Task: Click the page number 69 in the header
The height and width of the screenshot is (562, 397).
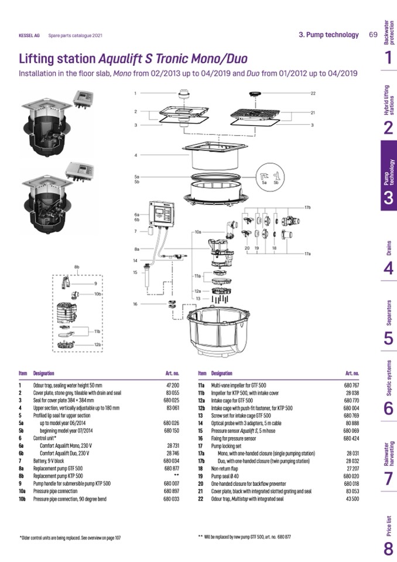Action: [x=373, y=35]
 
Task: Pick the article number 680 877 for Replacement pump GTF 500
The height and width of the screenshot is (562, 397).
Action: [x=171, y=469]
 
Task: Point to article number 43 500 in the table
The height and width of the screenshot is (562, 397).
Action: [x=352, y=499]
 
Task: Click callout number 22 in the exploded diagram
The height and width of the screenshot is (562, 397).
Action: [x=313, y=93]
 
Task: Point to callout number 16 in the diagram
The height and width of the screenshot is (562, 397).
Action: [x=135, y=304]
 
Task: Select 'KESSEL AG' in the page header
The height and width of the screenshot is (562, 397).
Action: [x=29, y=35]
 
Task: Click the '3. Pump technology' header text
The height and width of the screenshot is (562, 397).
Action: [x=328, y=35]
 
